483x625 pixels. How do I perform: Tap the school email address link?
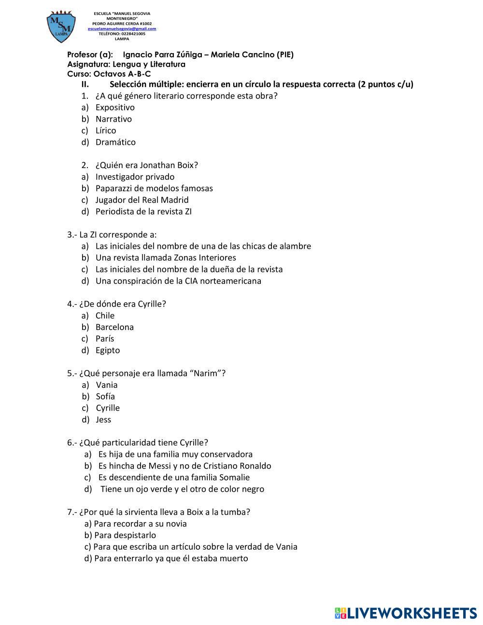pyautogui.click(x=122, y=28)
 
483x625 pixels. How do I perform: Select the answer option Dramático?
pyautogui.click(x=115, y=142)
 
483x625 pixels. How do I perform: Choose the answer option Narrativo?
pyautogui.click(x=114, y=119)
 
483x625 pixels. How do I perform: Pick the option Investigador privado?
pyautogui.click(x=135, y=177)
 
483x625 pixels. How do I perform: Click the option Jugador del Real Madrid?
pyautogui.click(x=142, y=200)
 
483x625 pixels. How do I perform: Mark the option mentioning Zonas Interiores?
pyautogui.click(x=166, y=258)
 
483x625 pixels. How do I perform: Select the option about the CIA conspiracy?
pyautogui.click(x=178, y=281)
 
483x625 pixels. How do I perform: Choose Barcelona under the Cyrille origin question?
pyautogui.click(x=114, y=327)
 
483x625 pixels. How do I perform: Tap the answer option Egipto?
pyautogui.click(x=108, y=350)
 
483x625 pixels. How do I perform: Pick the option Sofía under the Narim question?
pyautogui.click(x=105, y=397)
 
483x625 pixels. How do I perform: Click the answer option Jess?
pyautogui.click(x=103, y=420)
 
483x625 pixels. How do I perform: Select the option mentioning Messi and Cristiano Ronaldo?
pyautogui.click(x=185, y=466)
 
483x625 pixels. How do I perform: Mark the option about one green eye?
pyautogui.click(x=182, y=489)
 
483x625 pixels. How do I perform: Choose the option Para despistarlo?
pyautogui.click(x=125, y=535)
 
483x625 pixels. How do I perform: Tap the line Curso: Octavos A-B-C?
pyautogui.click(x=109, y=74)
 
